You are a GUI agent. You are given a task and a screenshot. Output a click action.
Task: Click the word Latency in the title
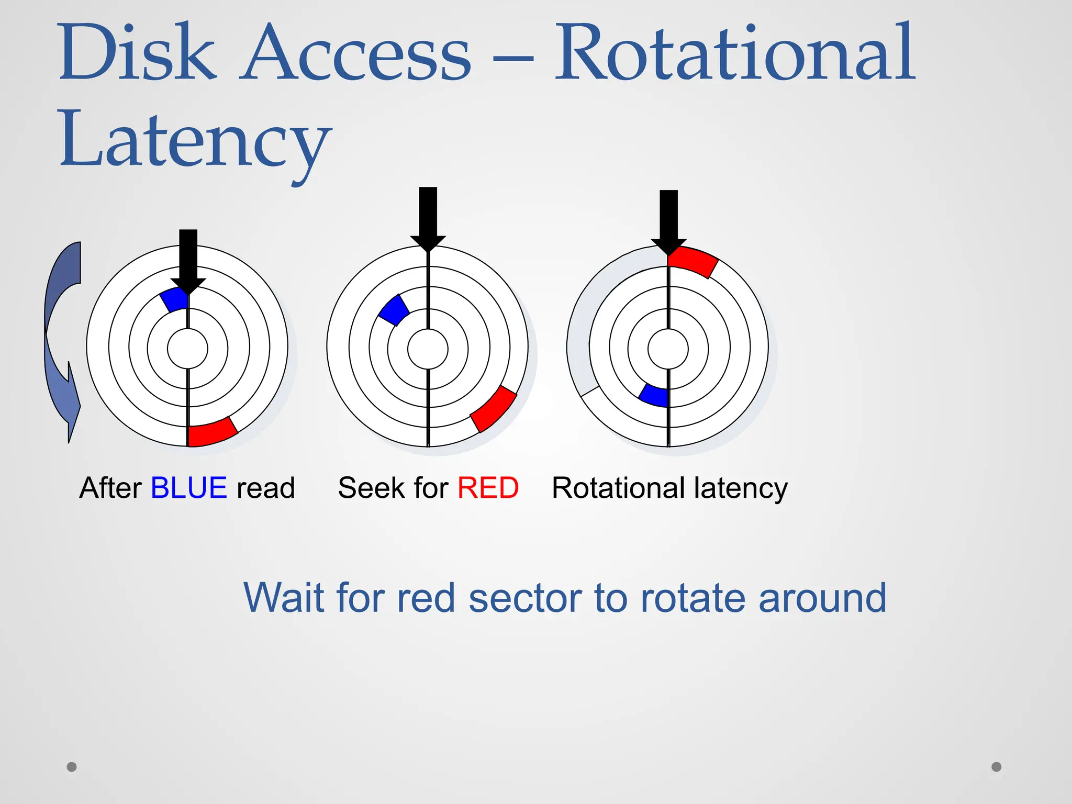click(195, 140)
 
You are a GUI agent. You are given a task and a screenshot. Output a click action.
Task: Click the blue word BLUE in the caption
click(189, 488)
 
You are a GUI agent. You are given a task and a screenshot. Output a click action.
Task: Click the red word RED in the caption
click(488, 488)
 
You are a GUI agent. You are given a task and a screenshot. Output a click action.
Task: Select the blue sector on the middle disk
click(394, 310)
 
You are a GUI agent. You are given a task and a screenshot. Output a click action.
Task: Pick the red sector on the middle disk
click(493, 409)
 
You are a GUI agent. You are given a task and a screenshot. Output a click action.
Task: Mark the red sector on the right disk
click(693, 261)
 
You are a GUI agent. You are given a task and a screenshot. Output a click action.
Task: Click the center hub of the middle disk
click(428, 349)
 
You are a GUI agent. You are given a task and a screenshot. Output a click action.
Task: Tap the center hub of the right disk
click(668, 349)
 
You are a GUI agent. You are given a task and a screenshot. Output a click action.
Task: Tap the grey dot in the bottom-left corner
click(72, 767)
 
